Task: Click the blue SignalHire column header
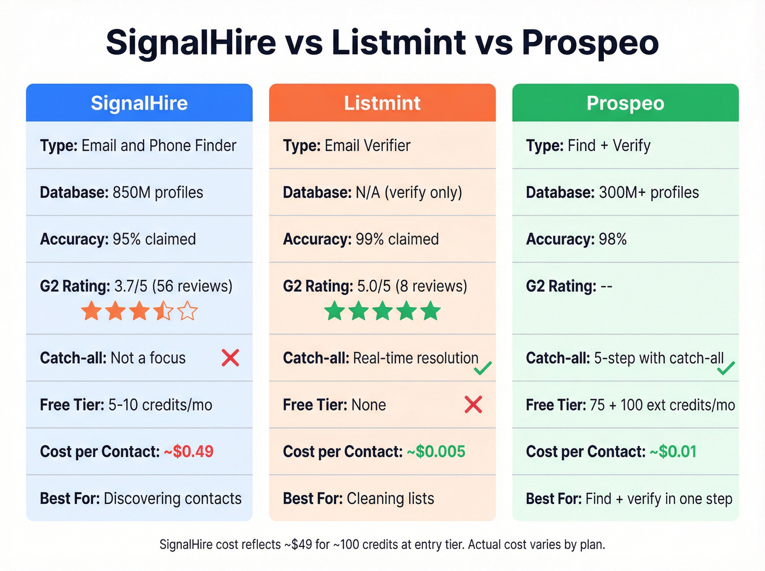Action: pos(139,103)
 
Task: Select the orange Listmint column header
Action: pos(382,103)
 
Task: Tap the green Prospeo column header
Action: pos(625,103)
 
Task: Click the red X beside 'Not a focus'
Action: pos(230,358)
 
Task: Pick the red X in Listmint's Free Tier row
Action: pos(473,405)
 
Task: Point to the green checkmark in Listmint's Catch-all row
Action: pos(482,369)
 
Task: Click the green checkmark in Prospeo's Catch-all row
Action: pos(726,369)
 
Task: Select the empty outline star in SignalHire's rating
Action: pos(187,311)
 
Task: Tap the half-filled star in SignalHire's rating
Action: pos(163,311)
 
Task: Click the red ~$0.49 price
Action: pos(189,452)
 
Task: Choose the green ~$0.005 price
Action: pos(436,452)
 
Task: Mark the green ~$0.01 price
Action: pos(673,452)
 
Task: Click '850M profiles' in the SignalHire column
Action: pos(157,192)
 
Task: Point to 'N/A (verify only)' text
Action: pos(409,192)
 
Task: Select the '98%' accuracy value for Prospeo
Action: pos(613,239)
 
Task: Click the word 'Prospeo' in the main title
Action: pos(590,42)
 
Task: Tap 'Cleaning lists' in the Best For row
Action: pos(390,498)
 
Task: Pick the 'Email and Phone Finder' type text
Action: pos(158,145)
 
